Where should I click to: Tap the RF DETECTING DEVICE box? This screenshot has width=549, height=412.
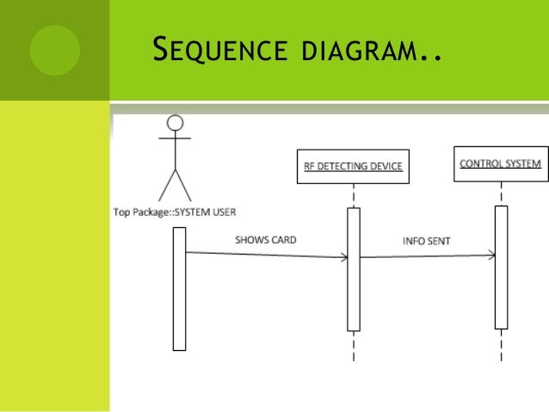(x=353, y=168)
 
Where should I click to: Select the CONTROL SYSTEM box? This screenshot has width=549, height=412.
(x=499, y=163)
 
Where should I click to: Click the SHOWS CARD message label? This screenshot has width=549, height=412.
(x=266, y=240)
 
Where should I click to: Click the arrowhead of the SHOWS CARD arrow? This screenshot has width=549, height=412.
(x=343, y=256)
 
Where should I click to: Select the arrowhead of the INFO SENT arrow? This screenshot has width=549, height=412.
(x=491, y=255)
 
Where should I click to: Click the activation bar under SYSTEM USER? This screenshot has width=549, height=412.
(x=179, y=288)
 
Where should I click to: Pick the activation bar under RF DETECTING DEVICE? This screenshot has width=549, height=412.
(x=353, y=269)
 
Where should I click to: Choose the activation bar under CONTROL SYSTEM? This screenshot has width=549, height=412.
(x=501, y=267)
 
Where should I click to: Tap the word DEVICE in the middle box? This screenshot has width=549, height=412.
(x=383, y=168)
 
